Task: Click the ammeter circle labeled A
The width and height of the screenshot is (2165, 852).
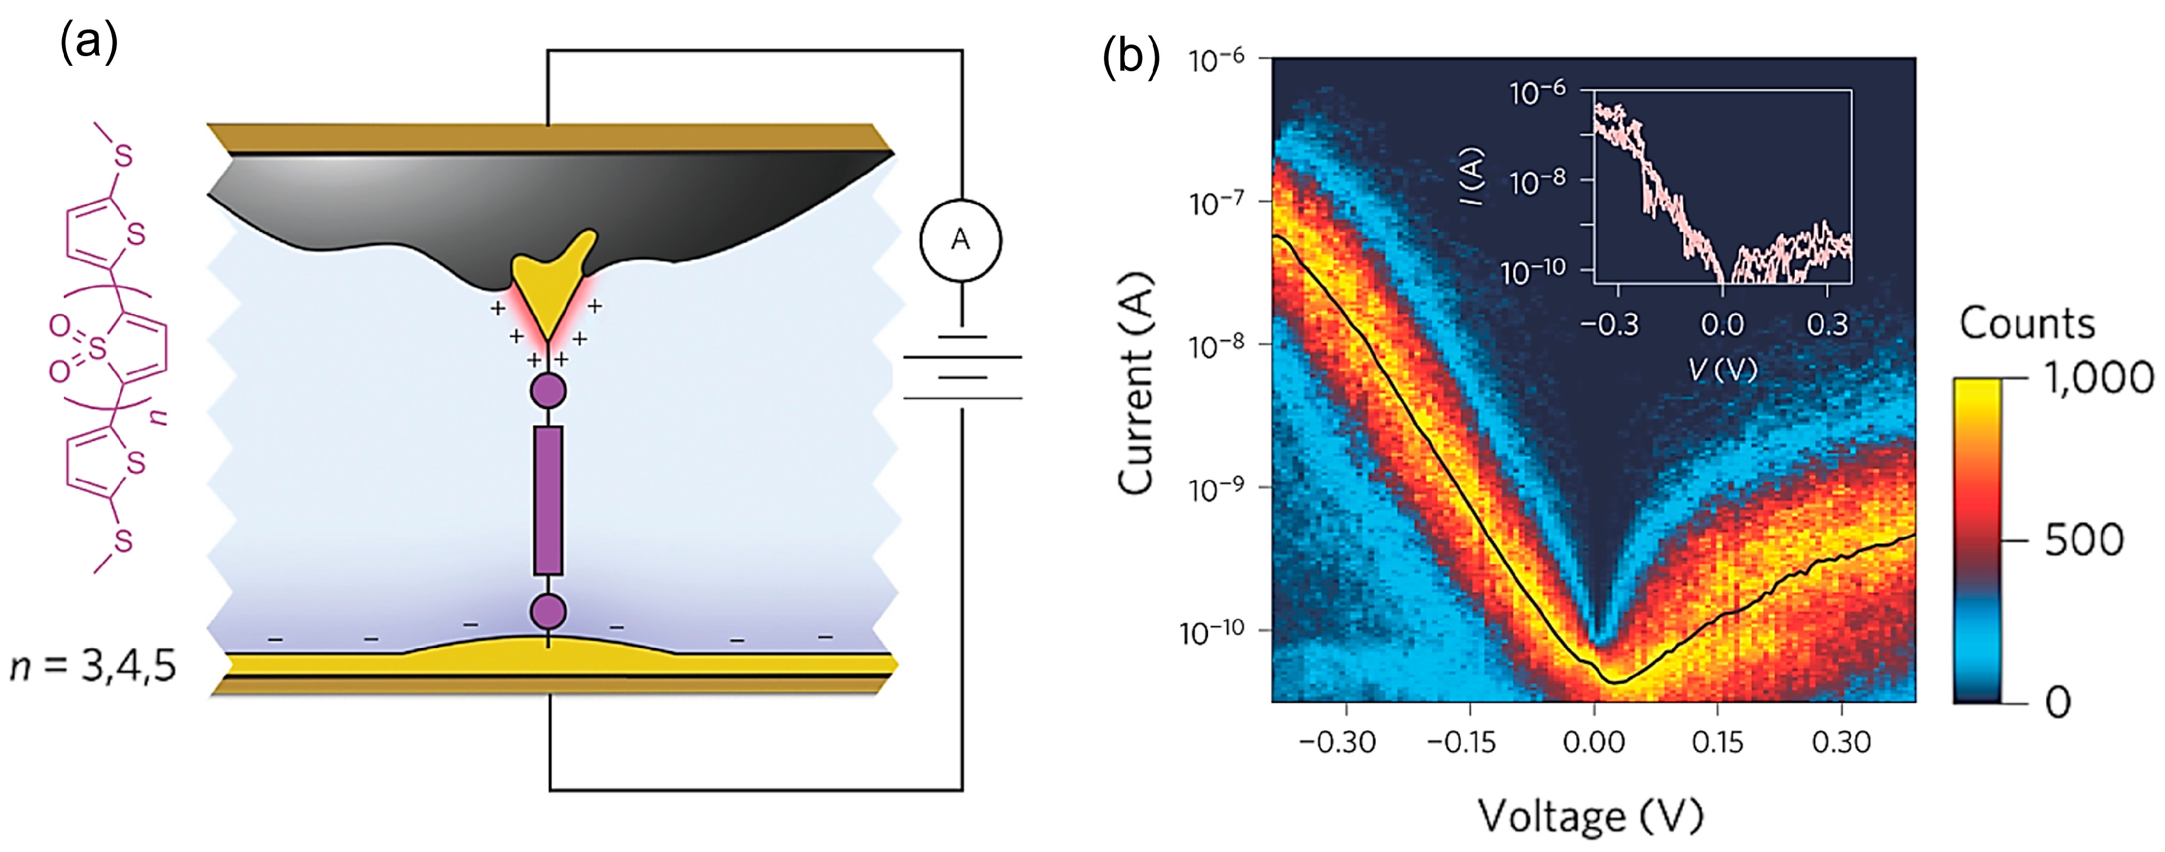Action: [x=960, y=240]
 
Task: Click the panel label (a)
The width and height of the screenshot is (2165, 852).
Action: [x=89, y=42]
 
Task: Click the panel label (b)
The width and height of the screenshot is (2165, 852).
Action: [x=1130, y=57]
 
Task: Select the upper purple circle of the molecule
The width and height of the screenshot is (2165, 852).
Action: [x=548, y=390]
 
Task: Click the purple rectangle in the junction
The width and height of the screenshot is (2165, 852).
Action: [x=548, y=501]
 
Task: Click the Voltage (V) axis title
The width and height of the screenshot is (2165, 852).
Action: [x=1591, y=814]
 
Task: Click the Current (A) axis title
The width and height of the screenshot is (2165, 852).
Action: [x=1135, y=383]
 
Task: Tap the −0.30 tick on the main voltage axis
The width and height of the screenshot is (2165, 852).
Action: [x=1337, y=742]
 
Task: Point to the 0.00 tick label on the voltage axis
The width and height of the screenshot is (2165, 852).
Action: [x=1594, y=742]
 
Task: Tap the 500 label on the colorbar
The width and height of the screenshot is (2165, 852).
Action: [x=2084, y=540]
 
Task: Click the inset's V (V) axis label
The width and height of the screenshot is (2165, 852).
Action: [x=1723, y=368]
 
